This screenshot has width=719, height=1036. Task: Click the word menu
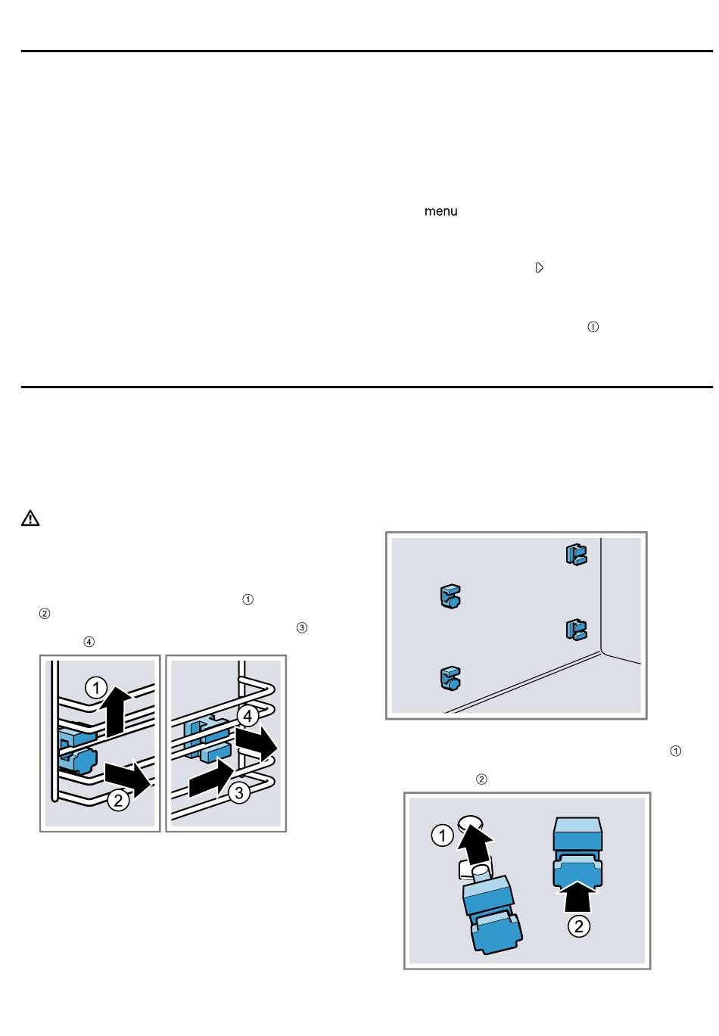440,211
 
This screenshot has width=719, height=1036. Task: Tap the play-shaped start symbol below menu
539,268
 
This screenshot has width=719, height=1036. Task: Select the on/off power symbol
593,327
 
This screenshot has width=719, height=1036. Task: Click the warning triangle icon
30,518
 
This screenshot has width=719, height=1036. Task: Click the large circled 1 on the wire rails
96,688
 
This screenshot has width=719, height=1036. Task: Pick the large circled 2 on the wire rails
118,800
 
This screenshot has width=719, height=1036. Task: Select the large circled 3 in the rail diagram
238,793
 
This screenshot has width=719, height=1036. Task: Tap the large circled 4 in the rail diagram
247,717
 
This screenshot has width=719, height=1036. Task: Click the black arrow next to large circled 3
211,779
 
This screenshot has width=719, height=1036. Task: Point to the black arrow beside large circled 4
257,744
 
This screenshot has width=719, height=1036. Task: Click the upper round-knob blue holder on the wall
450,596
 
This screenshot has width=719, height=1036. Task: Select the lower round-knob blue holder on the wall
450,678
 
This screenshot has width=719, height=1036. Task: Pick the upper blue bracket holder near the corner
577,554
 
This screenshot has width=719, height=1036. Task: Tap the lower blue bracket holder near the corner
577,630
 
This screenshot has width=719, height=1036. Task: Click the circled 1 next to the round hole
442,835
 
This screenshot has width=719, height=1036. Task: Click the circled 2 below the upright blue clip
578,926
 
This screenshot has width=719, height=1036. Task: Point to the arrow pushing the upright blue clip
578,896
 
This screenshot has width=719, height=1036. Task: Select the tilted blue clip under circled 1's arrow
492,915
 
